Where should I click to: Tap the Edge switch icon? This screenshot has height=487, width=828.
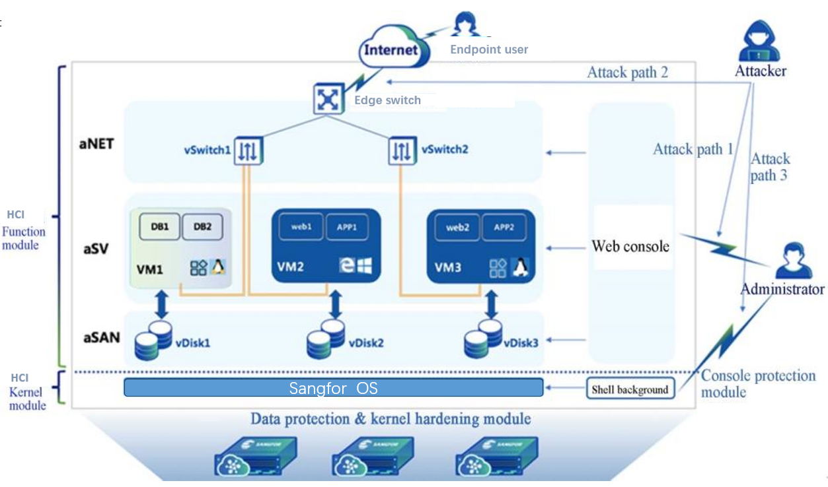326,99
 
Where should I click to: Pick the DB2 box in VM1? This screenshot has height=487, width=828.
203,226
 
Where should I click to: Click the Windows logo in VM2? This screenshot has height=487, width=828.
364,266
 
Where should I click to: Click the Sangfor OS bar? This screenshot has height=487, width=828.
334,388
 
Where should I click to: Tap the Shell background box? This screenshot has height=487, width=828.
630,389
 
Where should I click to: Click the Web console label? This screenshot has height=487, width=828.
630,246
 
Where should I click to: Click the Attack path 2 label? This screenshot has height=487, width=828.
627,72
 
